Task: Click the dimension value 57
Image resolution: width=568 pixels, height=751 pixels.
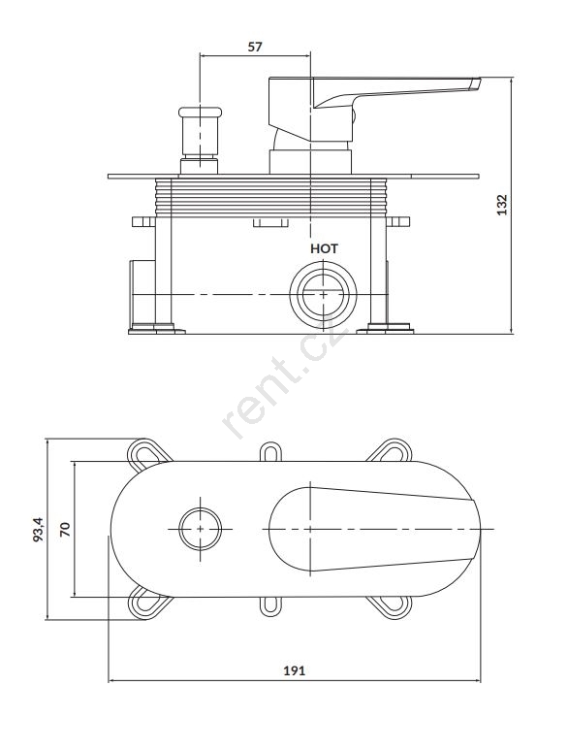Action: point(255,47)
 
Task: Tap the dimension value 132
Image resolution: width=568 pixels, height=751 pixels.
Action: point(501,205)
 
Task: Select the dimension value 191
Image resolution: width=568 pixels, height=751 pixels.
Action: point(295,670)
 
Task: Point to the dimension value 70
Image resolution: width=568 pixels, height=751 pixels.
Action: point(65,529)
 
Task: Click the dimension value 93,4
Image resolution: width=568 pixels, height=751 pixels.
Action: point(38,529)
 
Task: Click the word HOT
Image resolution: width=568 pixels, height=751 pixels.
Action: point(324,248)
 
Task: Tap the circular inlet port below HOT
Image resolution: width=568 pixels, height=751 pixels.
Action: point(323,294)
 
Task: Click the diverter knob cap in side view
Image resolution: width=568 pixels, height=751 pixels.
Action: point(200,113)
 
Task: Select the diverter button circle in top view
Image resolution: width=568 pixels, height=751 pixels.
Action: point(200,529)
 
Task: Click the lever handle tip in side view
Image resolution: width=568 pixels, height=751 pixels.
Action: point(475,83)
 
